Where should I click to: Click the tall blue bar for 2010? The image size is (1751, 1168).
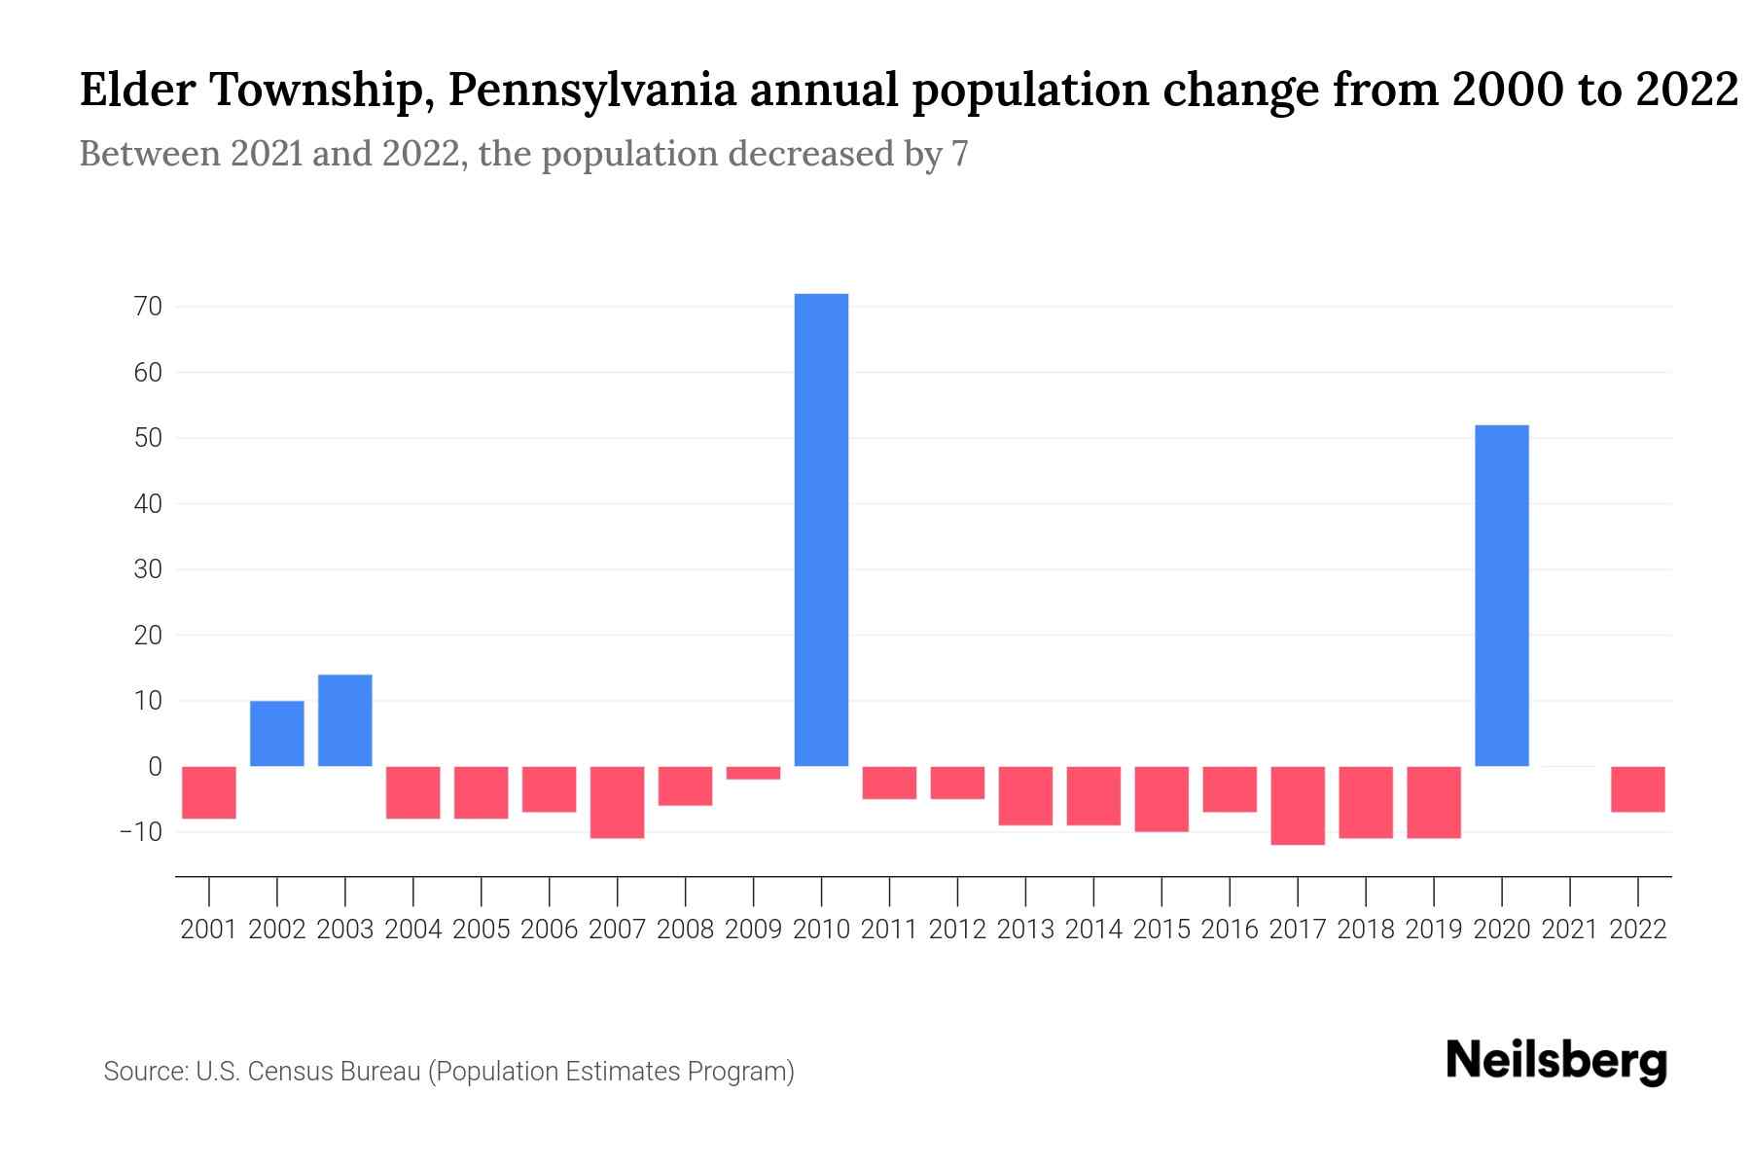(821, 530)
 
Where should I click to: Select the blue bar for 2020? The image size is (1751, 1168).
(1501, 596)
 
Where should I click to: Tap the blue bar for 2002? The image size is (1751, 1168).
(277, 733)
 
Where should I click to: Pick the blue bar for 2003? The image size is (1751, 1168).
(345, 720)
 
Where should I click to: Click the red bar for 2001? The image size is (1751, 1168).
(209, 792)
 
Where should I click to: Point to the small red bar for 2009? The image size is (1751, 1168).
(753, 773)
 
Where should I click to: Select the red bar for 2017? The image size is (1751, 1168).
(1297, 805)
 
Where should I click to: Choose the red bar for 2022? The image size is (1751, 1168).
(1637, 789)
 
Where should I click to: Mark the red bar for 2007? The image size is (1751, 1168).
(617, 802)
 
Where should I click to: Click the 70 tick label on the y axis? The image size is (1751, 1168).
(149, 307)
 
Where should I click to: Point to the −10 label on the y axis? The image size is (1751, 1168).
(140, 832)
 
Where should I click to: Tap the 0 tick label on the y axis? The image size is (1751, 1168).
(155, 767)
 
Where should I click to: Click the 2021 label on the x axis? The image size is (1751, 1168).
(1569, 930)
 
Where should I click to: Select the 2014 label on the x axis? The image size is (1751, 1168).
(1093, 930)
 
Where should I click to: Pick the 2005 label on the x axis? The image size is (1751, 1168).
(482, 930)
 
